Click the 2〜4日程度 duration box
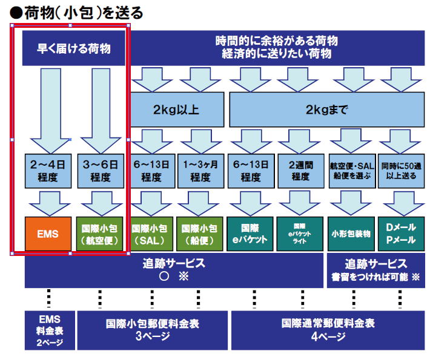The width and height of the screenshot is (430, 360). (47, 171)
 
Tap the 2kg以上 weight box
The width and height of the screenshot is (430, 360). (176, 110)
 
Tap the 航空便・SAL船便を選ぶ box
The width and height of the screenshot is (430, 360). (350, 171)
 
